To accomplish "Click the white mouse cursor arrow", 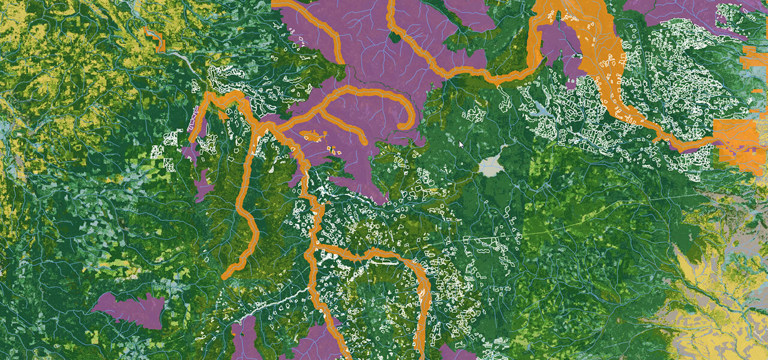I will tap(460, 145).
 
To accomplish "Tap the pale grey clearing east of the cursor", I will tap(491, 165).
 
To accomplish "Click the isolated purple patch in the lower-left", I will tap(130, 309).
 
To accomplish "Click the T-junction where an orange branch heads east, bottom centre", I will tap(314, 247).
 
